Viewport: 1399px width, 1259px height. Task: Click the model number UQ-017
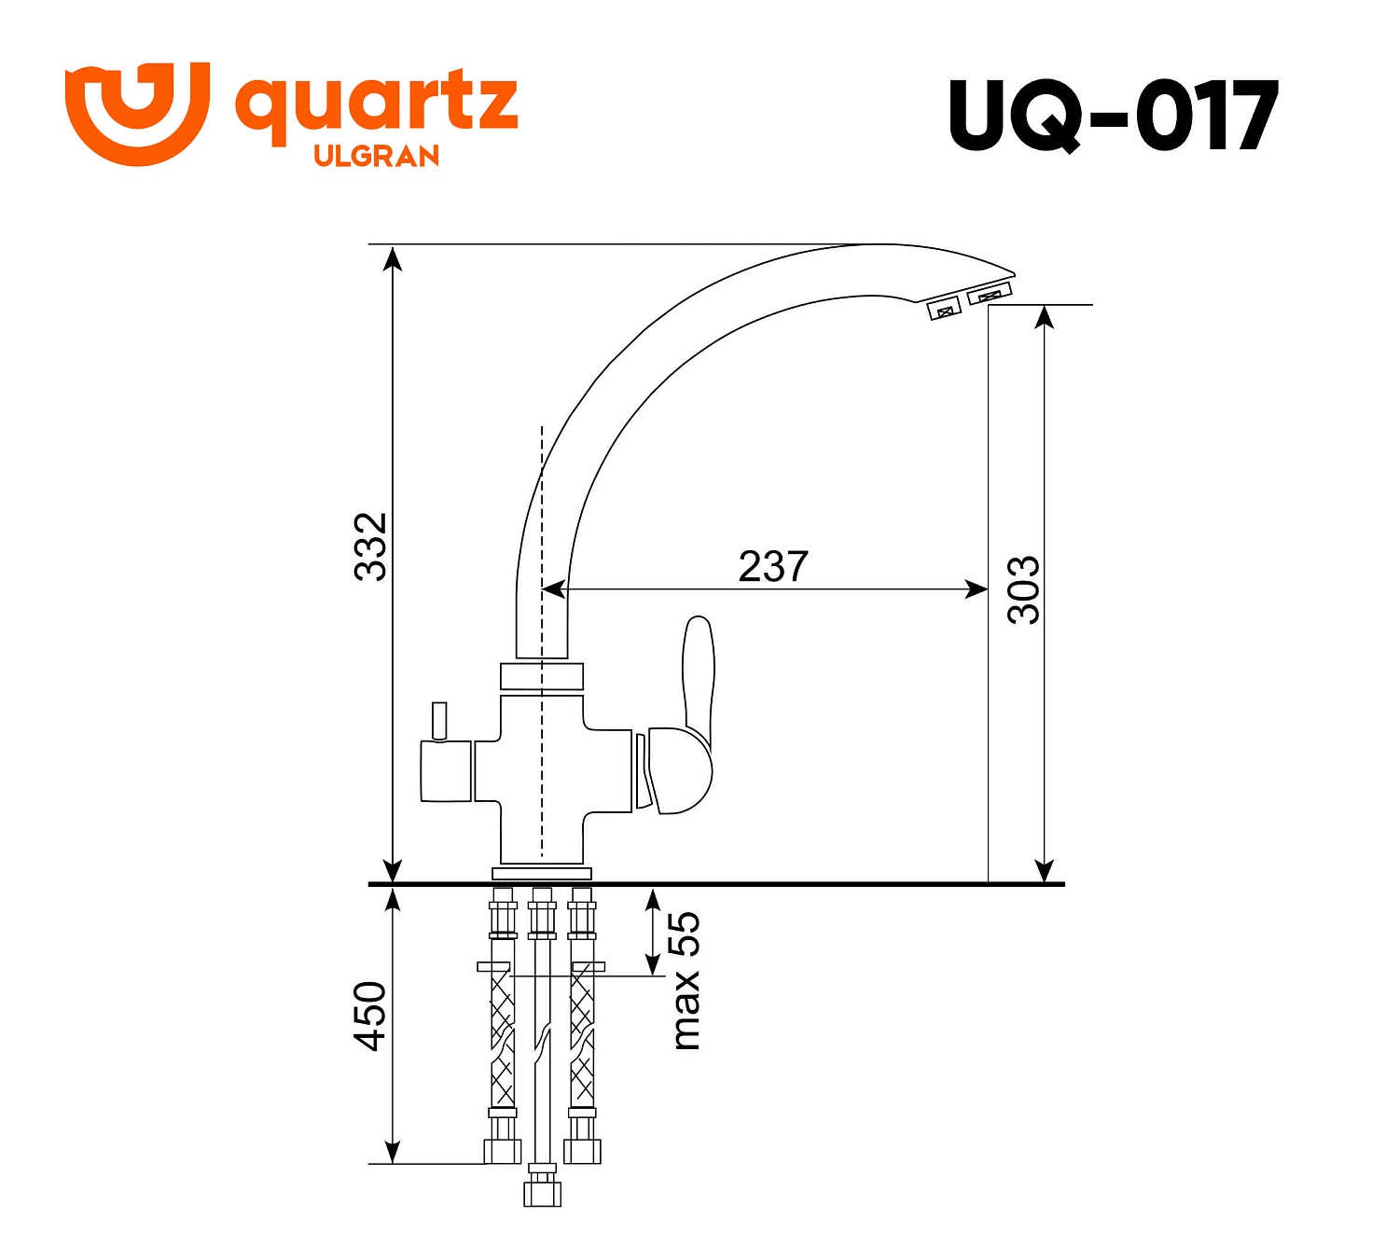(x=1113, y=116)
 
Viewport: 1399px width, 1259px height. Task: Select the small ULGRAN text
(x=376, y=156)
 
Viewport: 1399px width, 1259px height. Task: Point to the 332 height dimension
(x=371, y=546)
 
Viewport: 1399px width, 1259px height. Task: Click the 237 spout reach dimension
(x=772, y=566)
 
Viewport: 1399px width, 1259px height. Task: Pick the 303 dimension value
(x=1023, y=589)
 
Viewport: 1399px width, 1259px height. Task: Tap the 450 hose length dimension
(x=371, y=1016)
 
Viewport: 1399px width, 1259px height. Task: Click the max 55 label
(x=686, y=980)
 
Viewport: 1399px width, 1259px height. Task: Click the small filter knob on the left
(x=438, y=721)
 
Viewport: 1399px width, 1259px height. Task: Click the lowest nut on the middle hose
(x=542, y=1192)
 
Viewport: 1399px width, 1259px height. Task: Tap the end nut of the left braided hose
(x=503, y=1151)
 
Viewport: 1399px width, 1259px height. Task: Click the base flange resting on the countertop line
(x=542, y=874)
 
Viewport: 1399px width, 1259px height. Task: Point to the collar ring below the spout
(x=542, y=676)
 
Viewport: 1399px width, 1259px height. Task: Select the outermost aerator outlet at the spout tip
(x=990, y=295)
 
